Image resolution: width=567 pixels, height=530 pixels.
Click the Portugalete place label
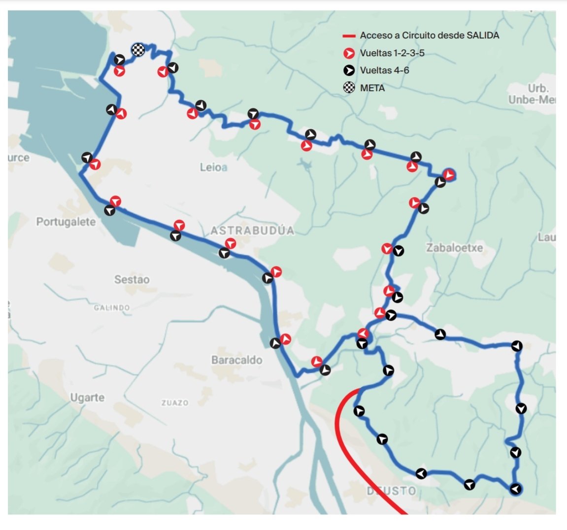point(66,222)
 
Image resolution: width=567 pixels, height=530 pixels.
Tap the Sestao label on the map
point(132,280)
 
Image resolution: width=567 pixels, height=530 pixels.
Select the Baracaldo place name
point(236,360)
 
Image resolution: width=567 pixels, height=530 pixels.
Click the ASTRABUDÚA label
point(252,231)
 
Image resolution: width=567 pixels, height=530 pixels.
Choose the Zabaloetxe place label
point(454,248)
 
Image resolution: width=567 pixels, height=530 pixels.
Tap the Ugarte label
point(87,397)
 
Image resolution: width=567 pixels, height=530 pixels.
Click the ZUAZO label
point(175,403)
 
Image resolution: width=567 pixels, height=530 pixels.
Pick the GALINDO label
point(112,308)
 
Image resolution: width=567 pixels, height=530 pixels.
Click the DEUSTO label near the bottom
point(392,491)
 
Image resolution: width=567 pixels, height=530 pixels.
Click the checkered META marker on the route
point(138,49)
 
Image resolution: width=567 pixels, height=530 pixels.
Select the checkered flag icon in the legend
point(349,88)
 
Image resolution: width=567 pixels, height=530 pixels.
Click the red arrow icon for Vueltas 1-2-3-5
point(349,53)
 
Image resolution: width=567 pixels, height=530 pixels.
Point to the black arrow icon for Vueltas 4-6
point(349,70)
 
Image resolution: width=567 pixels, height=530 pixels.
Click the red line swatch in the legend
point(349,36)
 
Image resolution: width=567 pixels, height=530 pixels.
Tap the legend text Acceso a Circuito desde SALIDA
point(429,35)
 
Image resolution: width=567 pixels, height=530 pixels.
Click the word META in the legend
point(372,88)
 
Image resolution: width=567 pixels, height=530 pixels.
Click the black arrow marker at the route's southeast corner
point(515,489)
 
